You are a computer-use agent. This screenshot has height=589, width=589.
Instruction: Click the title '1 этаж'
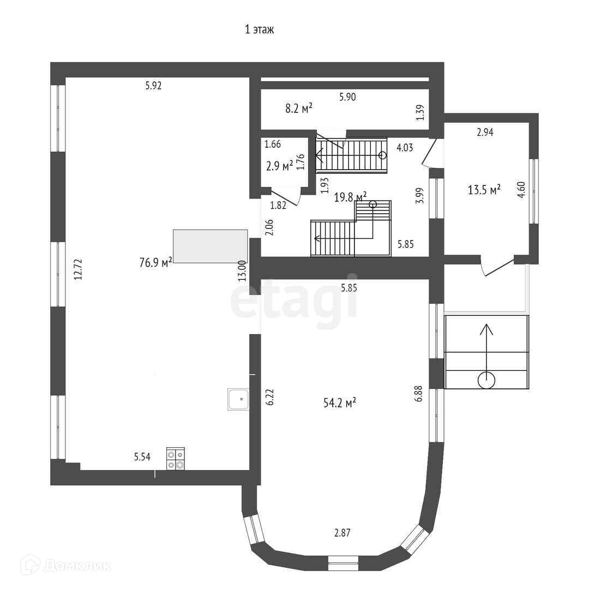point(259,29)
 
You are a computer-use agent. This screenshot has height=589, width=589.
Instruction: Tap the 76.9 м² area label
point(155,262)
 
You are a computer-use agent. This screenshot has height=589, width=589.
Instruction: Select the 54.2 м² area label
point(340,402)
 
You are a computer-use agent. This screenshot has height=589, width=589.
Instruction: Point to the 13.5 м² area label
point(484,189)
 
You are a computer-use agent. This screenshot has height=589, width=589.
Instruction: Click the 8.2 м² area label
point(299,108)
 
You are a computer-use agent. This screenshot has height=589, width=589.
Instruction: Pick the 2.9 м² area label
point(279,166)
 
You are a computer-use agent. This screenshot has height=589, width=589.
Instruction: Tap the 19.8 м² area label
point(350,197)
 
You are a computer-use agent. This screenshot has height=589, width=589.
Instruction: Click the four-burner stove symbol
point(176,459)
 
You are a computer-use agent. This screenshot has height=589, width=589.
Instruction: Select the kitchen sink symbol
point(238,399)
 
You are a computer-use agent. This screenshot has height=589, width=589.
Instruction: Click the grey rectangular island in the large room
point(211,246)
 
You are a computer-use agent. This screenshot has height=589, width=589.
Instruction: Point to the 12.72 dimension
point(78,269)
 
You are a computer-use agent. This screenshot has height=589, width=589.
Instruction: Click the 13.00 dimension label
point(242,271)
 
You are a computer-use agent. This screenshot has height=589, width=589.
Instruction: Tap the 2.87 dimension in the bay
point(342,532)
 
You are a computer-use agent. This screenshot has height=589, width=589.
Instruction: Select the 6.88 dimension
point(418,393)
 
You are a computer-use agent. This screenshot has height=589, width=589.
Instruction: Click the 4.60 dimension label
point(521,190)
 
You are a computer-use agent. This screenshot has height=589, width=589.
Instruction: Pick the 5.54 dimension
point(142,457)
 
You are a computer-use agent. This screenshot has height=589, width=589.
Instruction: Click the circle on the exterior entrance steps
point(486,380)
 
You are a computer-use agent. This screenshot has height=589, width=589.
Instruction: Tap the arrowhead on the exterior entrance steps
point(486,329)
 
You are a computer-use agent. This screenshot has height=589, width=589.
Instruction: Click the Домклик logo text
point(77,566)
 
